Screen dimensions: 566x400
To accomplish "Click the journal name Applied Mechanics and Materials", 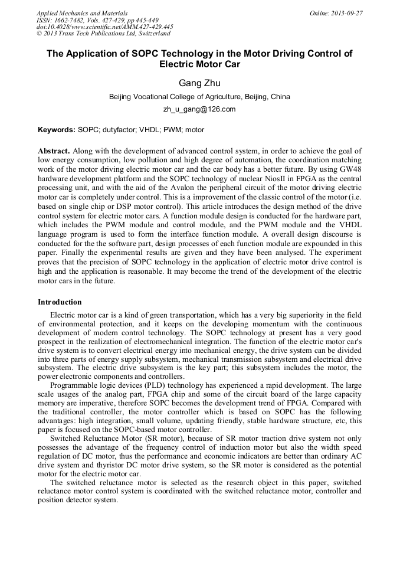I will point(81,12).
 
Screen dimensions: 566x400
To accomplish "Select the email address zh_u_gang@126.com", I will point(199,109).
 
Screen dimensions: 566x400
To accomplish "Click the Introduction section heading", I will point(60,302).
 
